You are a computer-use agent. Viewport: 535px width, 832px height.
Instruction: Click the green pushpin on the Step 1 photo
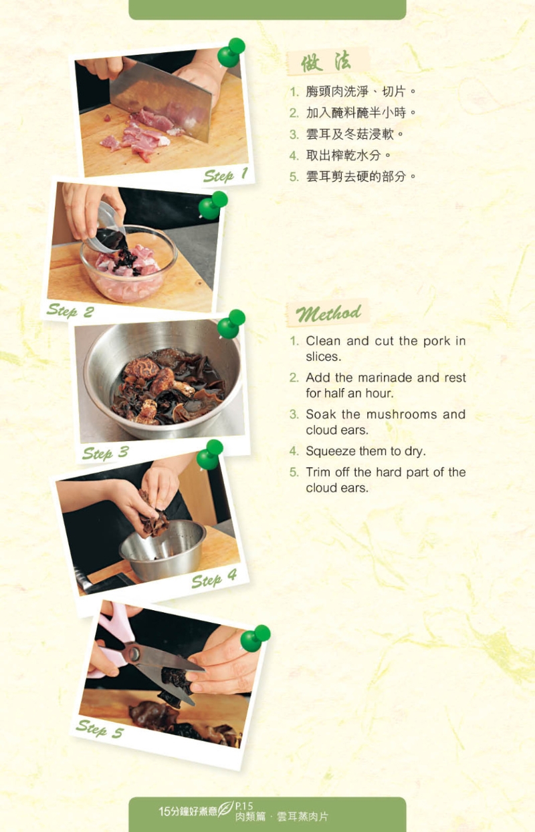pyautogui.click(x=231, y=52)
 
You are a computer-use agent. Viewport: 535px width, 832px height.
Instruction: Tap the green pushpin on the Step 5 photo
pyautogui.click(x=255, y=638)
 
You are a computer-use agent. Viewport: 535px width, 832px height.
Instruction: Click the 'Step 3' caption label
pyautogui.click(x=106, y=453)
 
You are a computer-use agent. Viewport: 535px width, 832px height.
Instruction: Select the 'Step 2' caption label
pyautogui.click(x=70, y=311)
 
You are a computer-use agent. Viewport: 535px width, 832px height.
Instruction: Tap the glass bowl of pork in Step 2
pyautogui.click(x=128, y=264)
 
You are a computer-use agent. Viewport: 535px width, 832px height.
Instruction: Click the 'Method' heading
pyautogui.click(x=328, y=313)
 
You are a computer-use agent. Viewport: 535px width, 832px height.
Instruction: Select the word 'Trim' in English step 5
pyautogui.click(x=318, y=472)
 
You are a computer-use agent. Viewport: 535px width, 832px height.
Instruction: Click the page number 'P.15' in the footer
pyautogui.click(x=244, y=806)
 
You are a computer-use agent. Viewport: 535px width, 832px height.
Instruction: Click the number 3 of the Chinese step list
pyautogui.click(x=294, y=134)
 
